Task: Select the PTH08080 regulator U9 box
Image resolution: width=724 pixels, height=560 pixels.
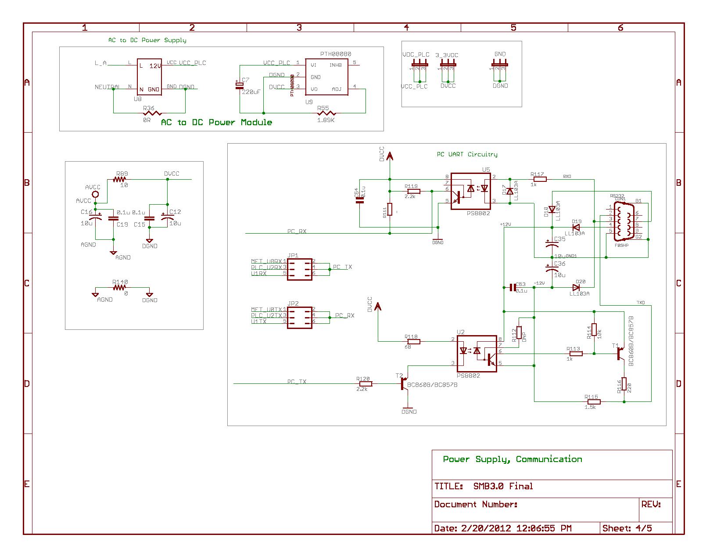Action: coord(326,77)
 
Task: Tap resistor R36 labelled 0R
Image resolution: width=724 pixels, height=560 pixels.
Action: coord(149,113)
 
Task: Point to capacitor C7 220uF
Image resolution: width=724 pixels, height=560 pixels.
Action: coord(240,85)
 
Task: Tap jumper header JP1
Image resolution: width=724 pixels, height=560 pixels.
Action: coord(300,269)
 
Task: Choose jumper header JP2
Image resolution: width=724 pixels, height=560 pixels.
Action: coord(300,318)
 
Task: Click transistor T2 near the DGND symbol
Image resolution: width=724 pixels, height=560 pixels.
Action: coord(405,383)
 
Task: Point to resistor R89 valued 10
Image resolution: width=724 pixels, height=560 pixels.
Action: coord(119,179)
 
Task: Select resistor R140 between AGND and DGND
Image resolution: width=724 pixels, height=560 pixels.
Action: coord(119,287)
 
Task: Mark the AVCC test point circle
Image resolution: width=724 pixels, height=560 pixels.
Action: coord(95,194)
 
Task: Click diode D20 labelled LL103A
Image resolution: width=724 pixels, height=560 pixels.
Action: coord(576,287)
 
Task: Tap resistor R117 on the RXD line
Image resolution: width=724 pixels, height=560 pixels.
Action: coord(539,179)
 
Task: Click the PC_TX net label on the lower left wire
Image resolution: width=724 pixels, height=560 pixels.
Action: coord(297,382)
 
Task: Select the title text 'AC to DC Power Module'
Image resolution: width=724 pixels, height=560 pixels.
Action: coord(216,123)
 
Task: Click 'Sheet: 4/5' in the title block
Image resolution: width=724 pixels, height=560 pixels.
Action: coord(627,528)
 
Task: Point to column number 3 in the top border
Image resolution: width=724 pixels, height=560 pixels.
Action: coord(299,28)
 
